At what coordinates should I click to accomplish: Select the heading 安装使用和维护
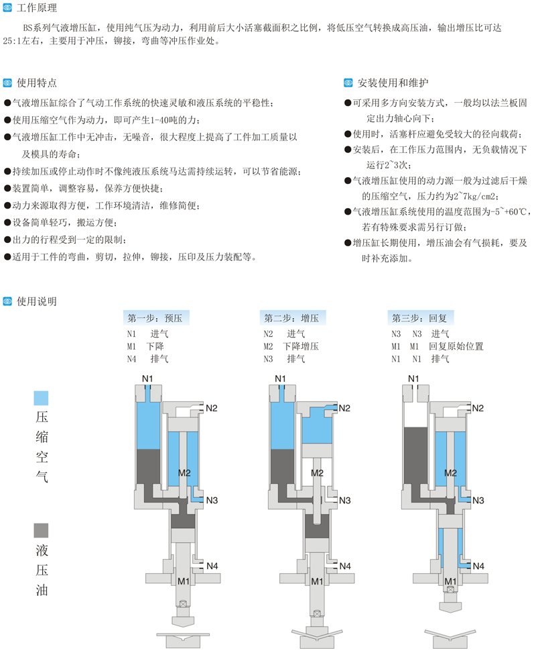point(389,83)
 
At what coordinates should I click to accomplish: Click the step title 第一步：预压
point(155,318)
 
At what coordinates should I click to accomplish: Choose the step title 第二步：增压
point(291,318)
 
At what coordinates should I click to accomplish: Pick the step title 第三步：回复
point(419,318)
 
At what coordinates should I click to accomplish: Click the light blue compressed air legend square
point(41,398)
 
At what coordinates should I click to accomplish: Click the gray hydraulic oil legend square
point(41,530)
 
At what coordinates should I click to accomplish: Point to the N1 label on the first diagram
point(147,379)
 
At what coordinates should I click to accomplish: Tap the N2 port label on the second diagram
point(345,408)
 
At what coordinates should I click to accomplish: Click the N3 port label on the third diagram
point(478,501)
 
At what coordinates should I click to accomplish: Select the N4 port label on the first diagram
point(212,566)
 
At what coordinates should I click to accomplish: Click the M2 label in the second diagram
point(318,473)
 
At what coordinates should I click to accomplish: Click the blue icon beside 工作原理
point(8,9)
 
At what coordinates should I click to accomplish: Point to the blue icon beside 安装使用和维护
point(348,83)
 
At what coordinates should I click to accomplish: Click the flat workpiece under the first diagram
point(183,633)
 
